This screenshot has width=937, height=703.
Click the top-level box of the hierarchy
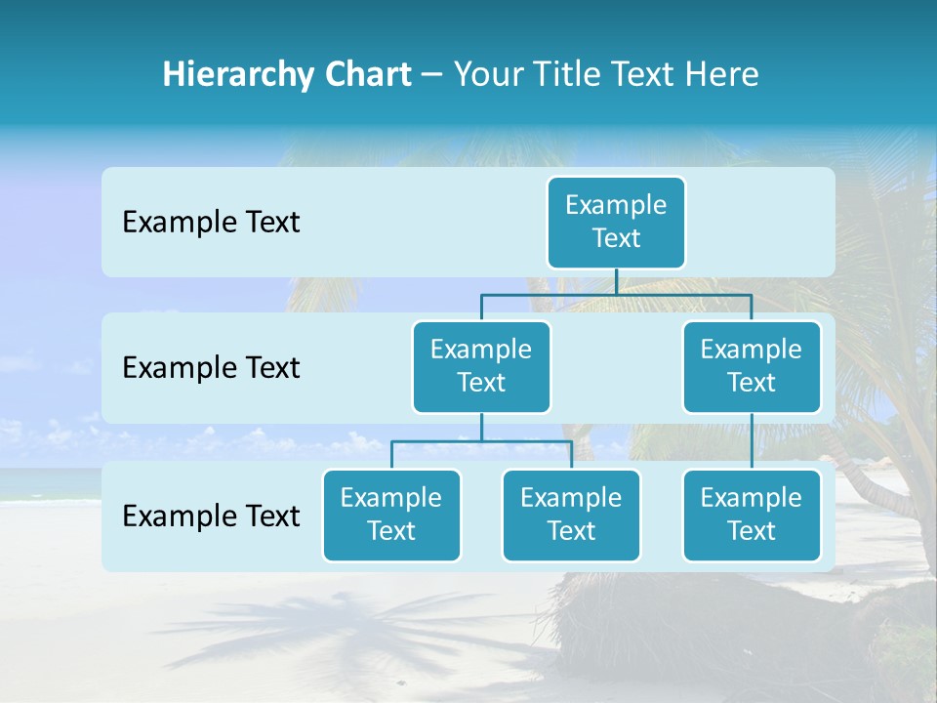click(x=616, y=222)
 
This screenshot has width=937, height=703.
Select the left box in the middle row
click(x=481, y=366)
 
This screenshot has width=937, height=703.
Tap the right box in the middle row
click(x=752, y=366)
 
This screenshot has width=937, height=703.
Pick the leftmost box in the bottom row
click(x=391, y=515)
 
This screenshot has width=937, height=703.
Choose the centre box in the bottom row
click(x=571, y=515)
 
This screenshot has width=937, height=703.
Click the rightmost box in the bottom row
click(x=752, y=515)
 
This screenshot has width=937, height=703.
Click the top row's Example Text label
click(x=211, y=223)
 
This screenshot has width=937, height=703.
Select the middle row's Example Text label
click(x=211, y=368)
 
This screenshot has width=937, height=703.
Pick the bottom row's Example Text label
click(x=211, y=516)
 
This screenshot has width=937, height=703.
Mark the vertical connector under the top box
click(x=616, y=281)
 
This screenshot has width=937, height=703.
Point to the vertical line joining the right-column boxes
click(x=752, y=441)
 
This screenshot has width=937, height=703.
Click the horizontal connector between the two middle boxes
click(x=616, y=294)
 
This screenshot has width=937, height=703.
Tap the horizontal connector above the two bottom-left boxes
click(x=481, y=441)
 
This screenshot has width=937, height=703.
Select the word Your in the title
click(x=485, y=75)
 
